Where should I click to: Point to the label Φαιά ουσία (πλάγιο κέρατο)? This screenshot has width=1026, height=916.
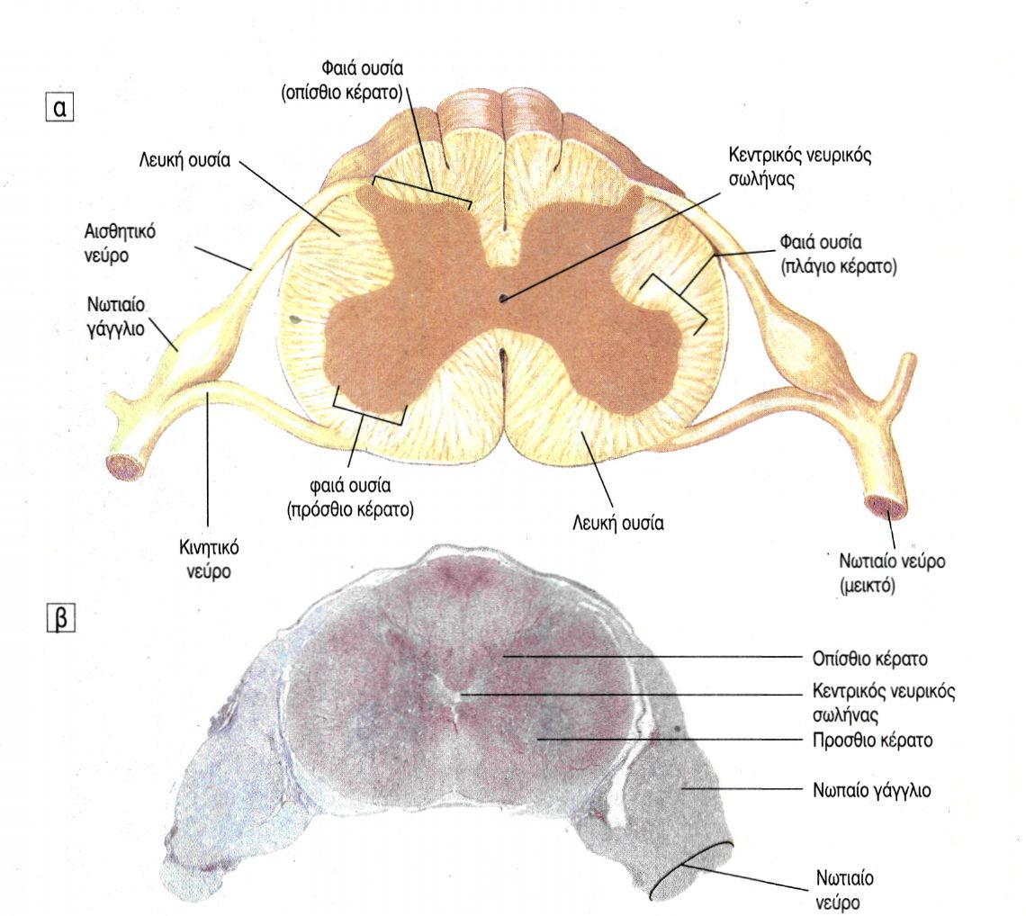pos(834,255)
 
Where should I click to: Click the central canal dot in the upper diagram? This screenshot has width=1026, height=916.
pos(503,297)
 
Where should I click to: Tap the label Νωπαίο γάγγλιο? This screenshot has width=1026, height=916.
pos(865,790)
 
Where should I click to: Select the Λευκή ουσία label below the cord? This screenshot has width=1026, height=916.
pos(618,520)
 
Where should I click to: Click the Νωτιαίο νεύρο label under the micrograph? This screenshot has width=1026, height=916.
pos(846,888)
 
